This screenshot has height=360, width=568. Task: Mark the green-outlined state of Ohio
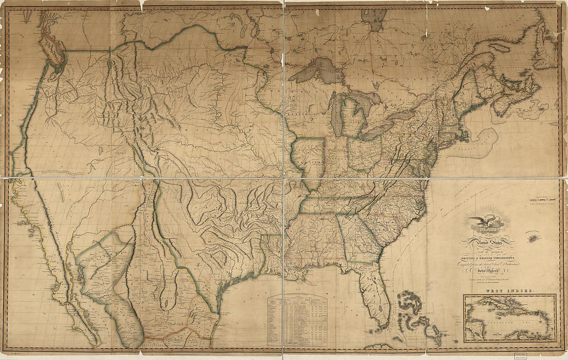click(x=365, y=152)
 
